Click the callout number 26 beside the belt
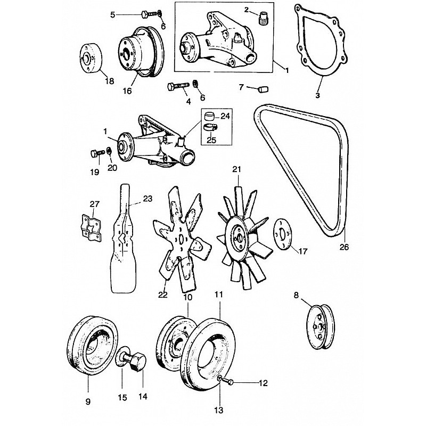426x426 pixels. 344,247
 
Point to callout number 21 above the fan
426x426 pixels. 237,169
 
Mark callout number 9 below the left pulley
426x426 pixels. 88,401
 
